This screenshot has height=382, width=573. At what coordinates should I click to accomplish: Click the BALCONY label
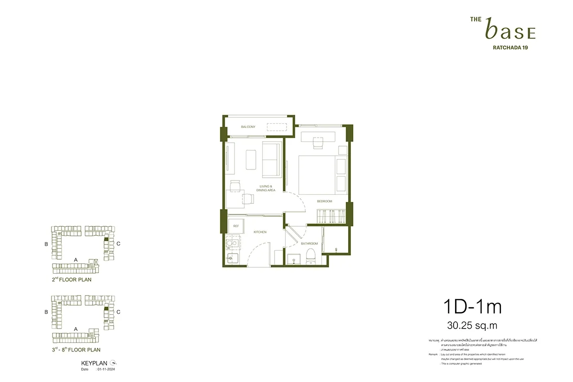click(248, 127)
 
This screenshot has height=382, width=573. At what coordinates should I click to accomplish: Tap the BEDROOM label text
click(325, 202)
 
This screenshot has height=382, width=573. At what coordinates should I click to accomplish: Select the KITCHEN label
click(260, 232)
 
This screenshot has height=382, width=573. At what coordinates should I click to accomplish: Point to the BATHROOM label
click(308, 244)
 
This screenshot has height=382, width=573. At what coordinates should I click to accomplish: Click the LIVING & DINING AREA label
click(265, 188)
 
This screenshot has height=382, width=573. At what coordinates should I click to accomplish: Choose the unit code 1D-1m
click(473, 307)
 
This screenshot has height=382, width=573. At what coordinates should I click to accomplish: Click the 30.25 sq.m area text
click(472, 326)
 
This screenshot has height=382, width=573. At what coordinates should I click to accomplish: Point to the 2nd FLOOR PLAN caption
click(72, 280)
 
